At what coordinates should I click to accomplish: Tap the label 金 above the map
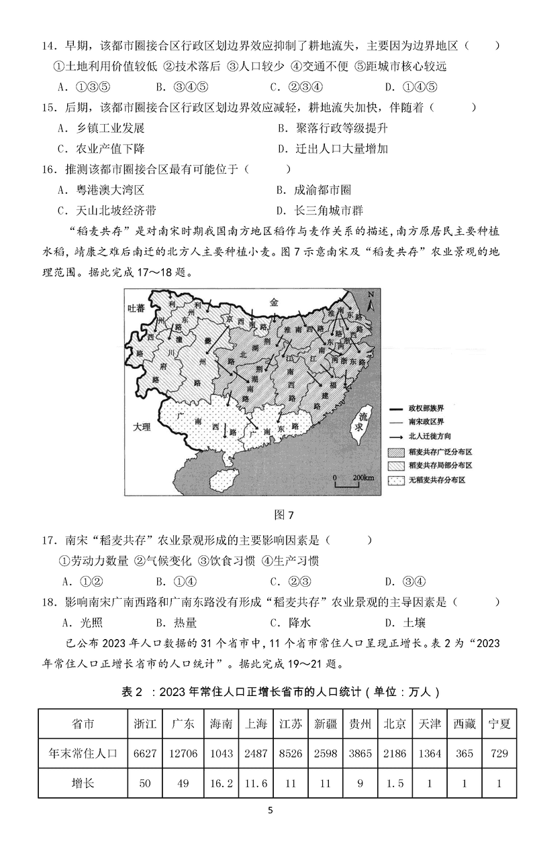click(273, 302)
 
